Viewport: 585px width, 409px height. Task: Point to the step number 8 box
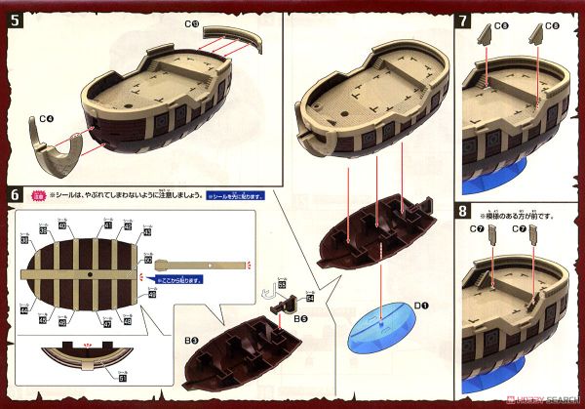[x=466, y=209]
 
